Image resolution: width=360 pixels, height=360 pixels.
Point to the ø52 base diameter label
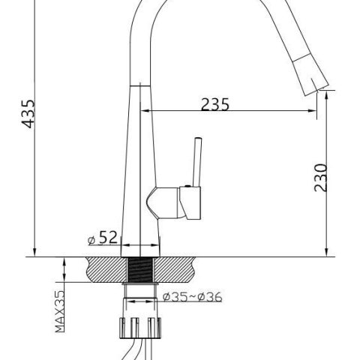point(102,238)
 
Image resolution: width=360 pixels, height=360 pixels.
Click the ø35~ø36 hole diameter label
point(192,297)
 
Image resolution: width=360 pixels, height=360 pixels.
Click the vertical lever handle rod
point(199,161)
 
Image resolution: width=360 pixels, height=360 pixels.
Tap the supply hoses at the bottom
point(135,349)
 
